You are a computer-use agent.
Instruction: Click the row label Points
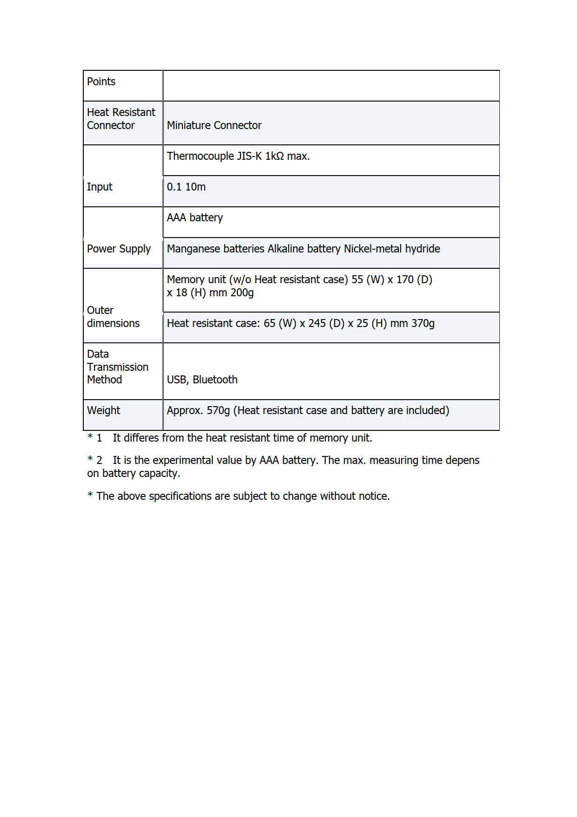pyautogui.click(x=101, y=82)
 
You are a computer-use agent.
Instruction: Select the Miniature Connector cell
pyautogui.click(x=214, y=125)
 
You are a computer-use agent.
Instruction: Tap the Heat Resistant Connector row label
pyautogui.click(x=121, y=119)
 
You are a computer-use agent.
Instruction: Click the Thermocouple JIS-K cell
pyautogui.click(x=238, y=156)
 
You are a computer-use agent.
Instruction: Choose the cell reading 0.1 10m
pyautogui.click(x=186, y=187)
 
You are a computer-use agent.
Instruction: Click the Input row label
pyautogui.click(x=100, y=187)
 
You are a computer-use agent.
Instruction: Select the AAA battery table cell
pyautogui.click(x=195, y=218)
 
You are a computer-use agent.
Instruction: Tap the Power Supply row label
pyautogui.click(x=119, y=249)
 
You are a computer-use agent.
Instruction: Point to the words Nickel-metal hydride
pyautogui.click(x=392, y=249)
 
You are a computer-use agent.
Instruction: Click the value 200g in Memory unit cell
pyautogui.click(x=242, y=293)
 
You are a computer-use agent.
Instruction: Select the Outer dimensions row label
pyautogui.click(x=113, y=317)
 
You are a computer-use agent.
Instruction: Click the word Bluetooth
pyautogui.click(x=215, y=380)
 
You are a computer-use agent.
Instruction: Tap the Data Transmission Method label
pyautogui.click(x=117, y=367)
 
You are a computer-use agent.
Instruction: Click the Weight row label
pyautogui.click(x=103, y=410)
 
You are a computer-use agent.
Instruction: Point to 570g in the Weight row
pyautogui.click(x=218, y=410)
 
